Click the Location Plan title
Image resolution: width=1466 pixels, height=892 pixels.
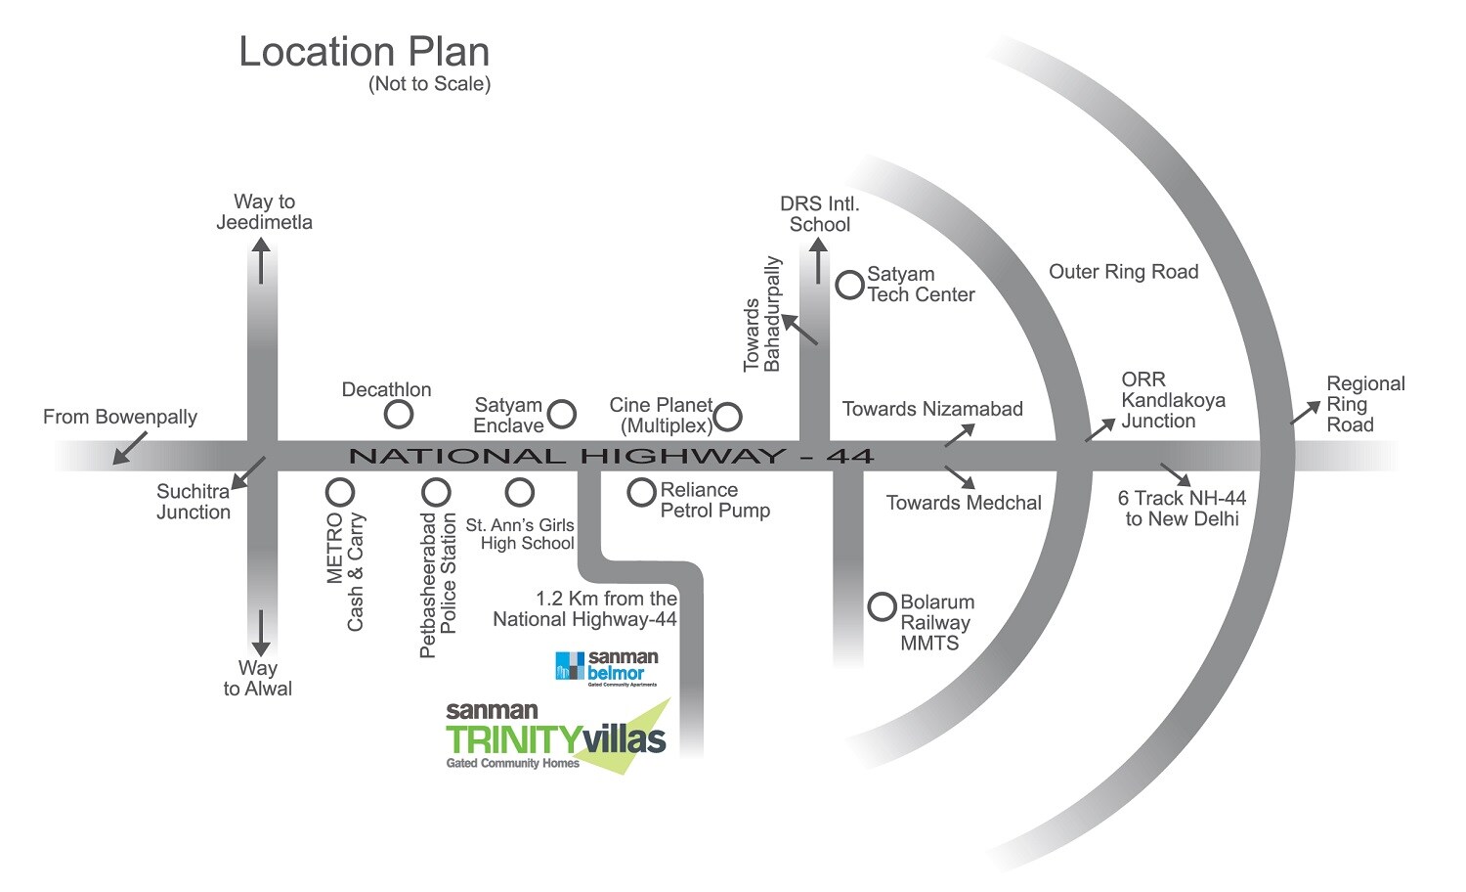pos(364,52)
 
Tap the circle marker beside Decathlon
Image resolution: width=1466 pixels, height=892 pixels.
pos(398,415)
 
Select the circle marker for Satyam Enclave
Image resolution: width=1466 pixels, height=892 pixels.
pos(561,414)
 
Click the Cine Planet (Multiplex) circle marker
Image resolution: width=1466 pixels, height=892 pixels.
pos(727,418)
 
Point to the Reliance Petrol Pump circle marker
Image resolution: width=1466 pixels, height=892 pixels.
pos(641,492)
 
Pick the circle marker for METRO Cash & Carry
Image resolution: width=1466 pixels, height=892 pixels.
pos(339,491)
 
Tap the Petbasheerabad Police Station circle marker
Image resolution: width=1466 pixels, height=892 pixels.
pos(436,491)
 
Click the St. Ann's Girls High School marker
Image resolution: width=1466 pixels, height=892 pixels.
pos(519,491)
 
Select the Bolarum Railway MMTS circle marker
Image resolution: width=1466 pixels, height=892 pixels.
pos(882,606)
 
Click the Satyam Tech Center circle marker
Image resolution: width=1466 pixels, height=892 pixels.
pos(849,285)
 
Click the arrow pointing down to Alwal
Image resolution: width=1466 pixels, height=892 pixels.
pos(260,634)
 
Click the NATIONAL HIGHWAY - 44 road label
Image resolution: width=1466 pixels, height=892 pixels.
pos(611,456)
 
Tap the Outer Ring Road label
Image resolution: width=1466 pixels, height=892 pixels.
pos(1123,272)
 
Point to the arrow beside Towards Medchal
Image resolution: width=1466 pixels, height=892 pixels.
pos(960,477)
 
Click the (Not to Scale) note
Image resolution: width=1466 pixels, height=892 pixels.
pos(429,84)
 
